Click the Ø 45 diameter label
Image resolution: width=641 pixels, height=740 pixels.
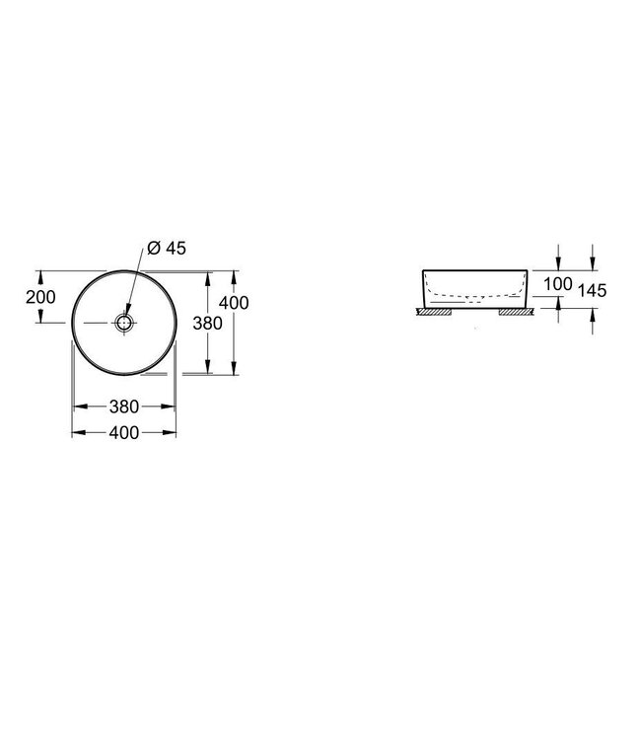pos(166,249)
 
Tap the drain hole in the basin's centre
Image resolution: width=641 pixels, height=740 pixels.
pos(124,322)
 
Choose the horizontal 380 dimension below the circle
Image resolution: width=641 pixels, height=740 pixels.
pos(124,407)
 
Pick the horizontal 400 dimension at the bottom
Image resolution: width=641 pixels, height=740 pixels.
pos(124,432)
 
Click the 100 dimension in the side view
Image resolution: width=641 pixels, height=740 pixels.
pos(558,284)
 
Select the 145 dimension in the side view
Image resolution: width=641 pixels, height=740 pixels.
pos(593,290)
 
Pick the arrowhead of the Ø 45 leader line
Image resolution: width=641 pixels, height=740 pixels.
pos(129,312)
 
